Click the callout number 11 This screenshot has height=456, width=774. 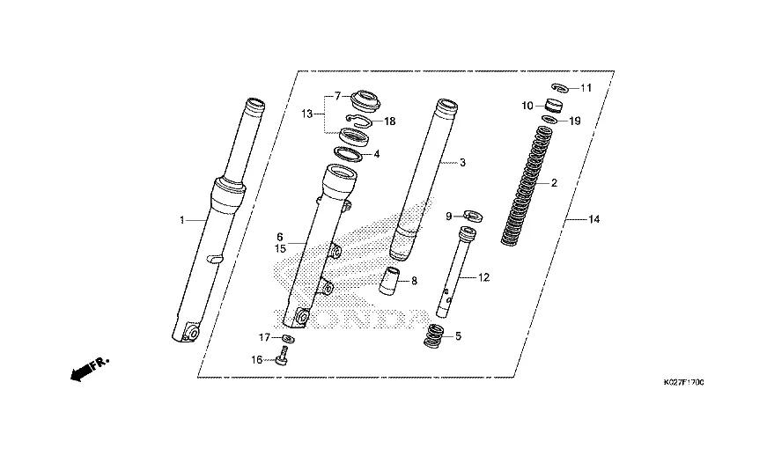pos(586,88)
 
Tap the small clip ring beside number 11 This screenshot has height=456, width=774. pos(560,87)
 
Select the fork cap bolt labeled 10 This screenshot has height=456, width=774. pos(554,106)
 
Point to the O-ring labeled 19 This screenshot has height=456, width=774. pos(549,120)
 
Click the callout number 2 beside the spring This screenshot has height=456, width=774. pos(554,183)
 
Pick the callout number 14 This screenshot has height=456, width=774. pos(593,219)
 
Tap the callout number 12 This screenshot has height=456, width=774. pos(483,278)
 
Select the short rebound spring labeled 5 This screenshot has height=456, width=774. pos(434,335)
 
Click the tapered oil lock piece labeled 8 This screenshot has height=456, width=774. pos(390,282)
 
